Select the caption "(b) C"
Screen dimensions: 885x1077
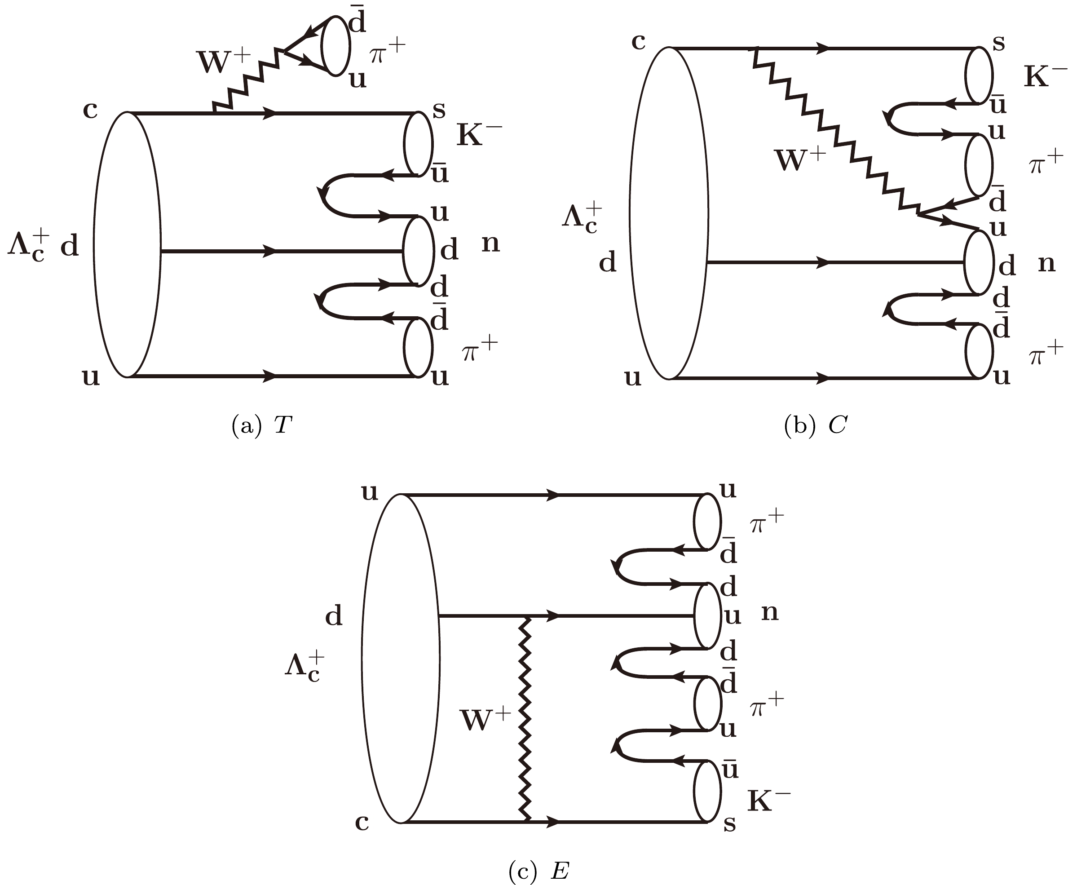click(815, 425)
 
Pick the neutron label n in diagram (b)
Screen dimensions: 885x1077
click(1046, 264)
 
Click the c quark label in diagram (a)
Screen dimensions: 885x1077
click(90, 110)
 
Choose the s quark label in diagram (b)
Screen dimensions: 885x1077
click(998, 43)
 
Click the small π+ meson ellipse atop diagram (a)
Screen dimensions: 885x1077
click(336, 46)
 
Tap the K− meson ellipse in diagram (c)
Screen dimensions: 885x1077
click(707, 791)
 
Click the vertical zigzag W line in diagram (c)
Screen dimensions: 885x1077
click(525, 719)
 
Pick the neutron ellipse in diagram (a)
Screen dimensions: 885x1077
click(418, 251)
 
